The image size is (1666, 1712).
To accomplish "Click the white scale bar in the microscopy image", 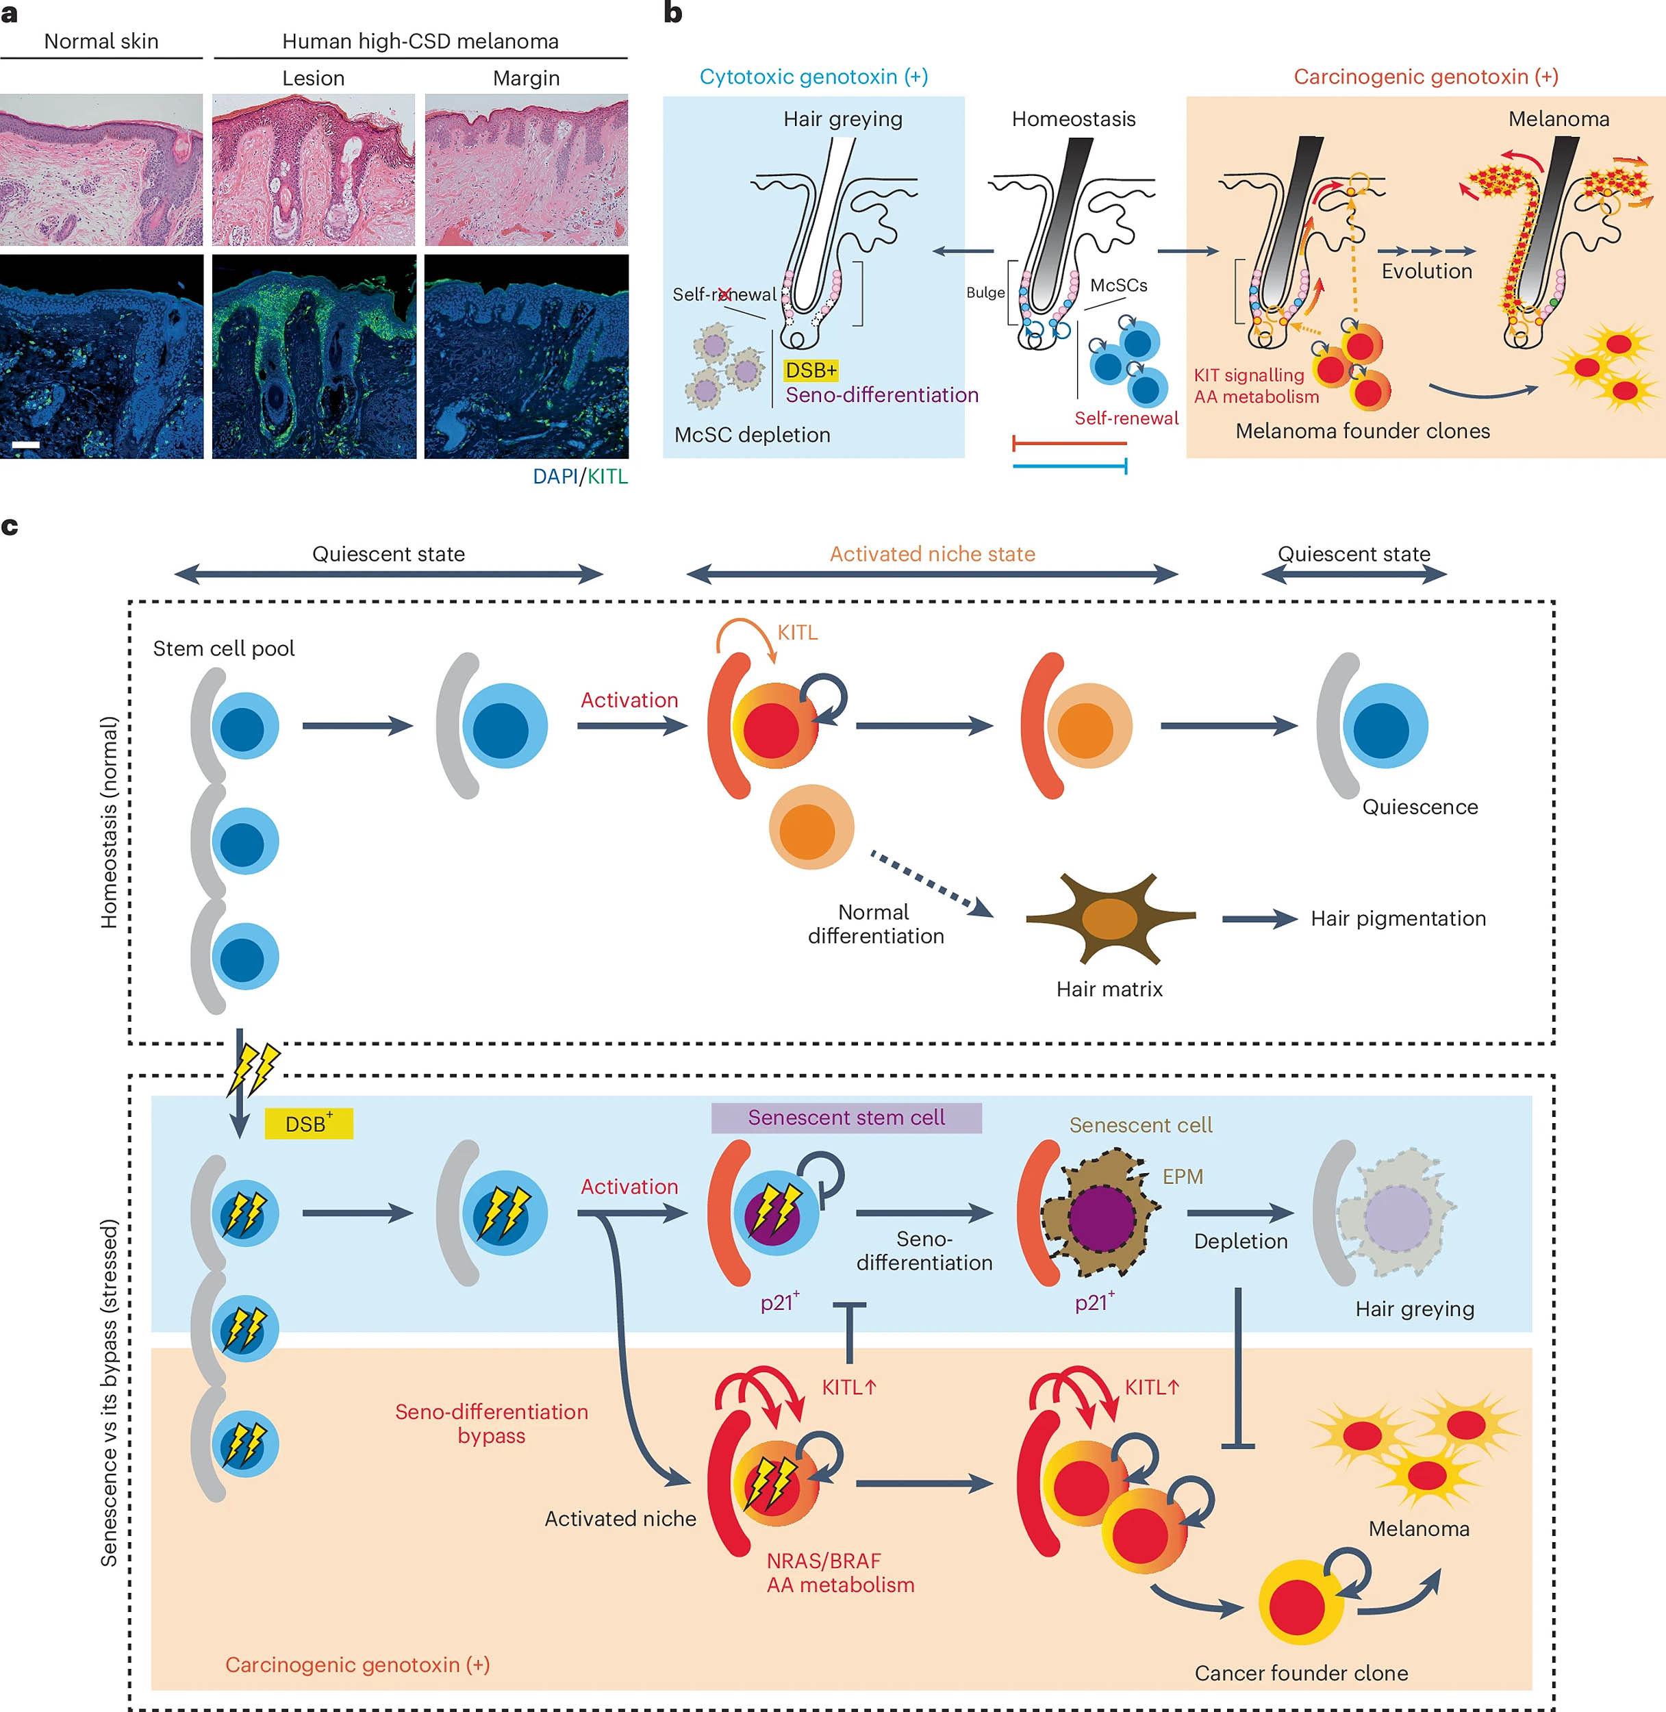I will (25, 444).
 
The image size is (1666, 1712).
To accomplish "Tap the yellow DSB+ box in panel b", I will (810, 370).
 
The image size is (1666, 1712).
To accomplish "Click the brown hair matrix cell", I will (1109, 918).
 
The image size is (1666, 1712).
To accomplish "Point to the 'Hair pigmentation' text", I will (1398, 918).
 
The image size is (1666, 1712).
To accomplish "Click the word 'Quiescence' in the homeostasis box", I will (1419, 807).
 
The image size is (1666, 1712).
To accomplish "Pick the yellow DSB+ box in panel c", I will (308, 1124).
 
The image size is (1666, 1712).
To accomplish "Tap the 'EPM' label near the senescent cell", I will (1182, 1176).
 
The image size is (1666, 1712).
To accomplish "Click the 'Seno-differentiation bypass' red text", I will (491, 1423).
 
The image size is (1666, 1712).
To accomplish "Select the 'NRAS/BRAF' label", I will (823, 1561).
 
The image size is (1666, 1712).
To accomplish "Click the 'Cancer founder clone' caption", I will (1301, 1672).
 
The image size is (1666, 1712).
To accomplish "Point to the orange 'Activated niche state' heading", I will (932, 554).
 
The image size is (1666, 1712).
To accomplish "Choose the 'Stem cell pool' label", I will (223, 649).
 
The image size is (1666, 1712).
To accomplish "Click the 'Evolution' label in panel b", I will (1426, 271).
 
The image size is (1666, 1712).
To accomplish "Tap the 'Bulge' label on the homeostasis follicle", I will (985, 292).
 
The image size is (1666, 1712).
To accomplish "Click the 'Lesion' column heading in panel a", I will (313, 78).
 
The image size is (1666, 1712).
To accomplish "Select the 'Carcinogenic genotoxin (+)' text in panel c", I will (357, 1664).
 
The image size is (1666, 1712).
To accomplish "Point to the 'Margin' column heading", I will (526, 78).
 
